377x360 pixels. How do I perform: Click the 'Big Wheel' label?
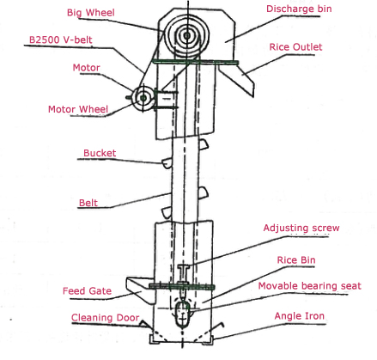91,13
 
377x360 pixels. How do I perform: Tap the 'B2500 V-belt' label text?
61,40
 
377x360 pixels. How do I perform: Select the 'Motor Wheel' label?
78,109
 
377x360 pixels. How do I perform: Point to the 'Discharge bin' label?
299,9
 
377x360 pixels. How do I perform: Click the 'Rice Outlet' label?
295,47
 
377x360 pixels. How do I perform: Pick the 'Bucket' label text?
100,153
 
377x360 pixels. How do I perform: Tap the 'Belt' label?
88,203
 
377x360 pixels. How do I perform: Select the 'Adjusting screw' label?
301,228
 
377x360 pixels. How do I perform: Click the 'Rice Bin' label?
296,260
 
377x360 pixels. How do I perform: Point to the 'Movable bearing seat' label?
309,286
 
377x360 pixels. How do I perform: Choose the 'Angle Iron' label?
300,316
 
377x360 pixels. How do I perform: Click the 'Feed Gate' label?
87,291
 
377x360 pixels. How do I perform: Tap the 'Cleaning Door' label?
105,318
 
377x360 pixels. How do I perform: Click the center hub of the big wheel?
187,35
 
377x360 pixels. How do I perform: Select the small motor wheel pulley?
143,98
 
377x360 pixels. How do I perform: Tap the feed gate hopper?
140,289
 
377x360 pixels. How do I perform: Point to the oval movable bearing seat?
182,314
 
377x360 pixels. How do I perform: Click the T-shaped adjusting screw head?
184,267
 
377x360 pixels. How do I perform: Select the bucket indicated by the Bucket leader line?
167,163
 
